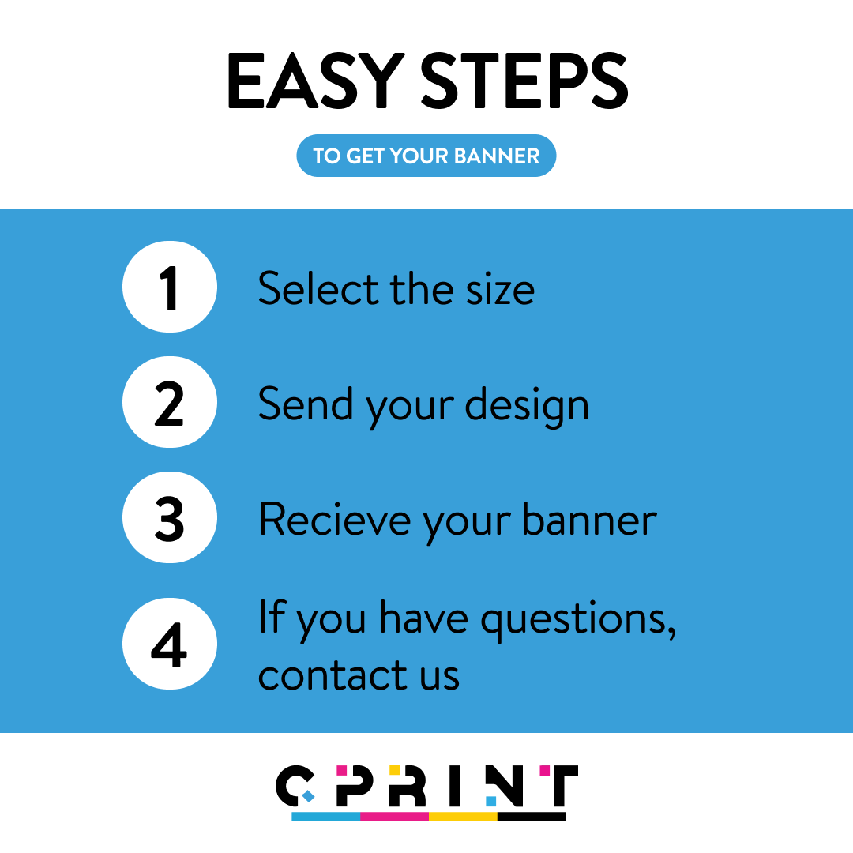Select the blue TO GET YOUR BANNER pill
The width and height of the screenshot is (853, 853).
click(426, 156)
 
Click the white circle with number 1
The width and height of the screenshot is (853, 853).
click(169, 287)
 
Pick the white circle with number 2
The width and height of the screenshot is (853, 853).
click(169, 403)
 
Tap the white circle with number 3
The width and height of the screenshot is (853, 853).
click(169, 518)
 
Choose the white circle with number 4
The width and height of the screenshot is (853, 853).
click(169, 644)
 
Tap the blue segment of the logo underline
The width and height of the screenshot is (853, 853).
click(325, 816)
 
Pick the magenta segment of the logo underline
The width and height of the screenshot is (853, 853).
click(394, 816)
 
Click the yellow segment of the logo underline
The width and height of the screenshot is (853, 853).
click(463, 816)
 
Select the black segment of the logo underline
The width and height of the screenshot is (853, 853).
click(532, 816)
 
